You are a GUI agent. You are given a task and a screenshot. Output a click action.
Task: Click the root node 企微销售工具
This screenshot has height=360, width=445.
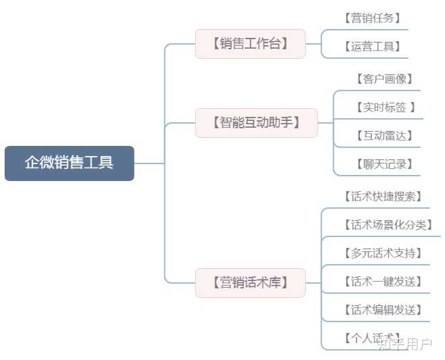[x=69, y=163]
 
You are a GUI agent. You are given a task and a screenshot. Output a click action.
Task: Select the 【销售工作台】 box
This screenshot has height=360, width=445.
[x=250, y=44]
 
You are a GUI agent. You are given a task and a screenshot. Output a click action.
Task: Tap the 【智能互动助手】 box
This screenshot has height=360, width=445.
[x=256, y=123]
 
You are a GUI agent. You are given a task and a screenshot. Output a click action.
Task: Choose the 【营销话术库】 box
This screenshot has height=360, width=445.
[x=250, y=282]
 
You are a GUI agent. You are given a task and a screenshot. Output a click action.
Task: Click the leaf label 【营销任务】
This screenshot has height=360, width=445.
[x=372, y=18]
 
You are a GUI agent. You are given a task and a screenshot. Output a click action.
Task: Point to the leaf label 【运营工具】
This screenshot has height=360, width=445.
[x=372, y=47]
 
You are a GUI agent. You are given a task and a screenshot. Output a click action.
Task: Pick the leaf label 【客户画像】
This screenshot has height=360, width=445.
[x=384, y=79]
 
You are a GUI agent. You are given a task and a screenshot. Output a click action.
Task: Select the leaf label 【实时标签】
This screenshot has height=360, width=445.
[x=384, y=107]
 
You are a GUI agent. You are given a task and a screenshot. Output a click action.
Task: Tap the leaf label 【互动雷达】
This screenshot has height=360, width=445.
[x=384, y=135]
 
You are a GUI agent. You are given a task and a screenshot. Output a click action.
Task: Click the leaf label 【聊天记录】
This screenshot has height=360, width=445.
[x=384, y=163]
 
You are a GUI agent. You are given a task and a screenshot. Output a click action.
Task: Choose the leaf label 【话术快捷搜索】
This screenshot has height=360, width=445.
[x=383, y=197]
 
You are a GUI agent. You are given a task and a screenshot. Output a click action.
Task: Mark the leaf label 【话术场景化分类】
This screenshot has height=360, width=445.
[x=388, y=225]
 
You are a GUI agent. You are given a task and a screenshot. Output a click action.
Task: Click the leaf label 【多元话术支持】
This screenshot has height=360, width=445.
[x=383, y=253]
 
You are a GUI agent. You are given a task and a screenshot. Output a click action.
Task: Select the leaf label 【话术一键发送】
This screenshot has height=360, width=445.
[x=383, y=282]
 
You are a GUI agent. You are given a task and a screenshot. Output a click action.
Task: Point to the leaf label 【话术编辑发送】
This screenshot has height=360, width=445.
[x=383, y=310]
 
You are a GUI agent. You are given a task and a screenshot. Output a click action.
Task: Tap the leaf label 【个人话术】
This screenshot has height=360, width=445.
[x=372, y=338]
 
